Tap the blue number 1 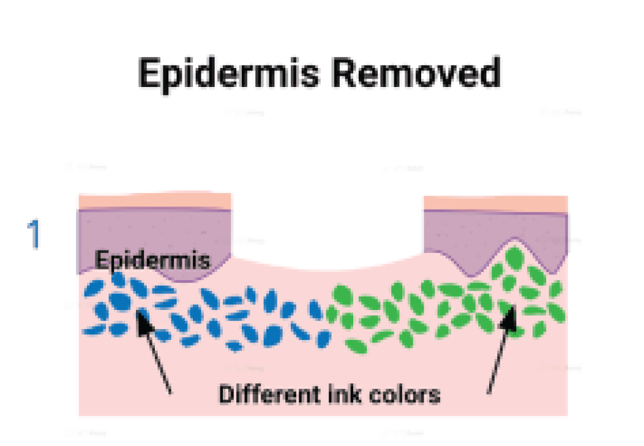click(34, 234)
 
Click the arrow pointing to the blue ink click(155, 352)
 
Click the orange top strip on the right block click(496, 203)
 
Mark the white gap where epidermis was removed click(328, 233)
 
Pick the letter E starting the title click(150, 75)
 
